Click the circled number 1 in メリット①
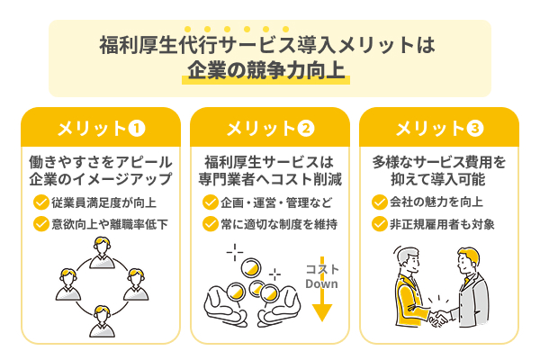tap(137, 129)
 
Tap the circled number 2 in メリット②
tap(306, 129)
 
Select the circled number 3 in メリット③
tap(475, 129)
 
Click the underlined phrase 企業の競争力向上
tap(266, 70)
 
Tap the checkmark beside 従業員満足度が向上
tap(41, 202)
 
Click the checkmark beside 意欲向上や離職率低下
tap(41, 224)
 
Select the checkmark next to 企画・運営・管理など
tap(210, 202)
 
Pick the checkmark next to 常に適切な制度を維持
tap(210, 224)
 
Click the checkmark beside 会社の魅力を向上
tap(380, 202)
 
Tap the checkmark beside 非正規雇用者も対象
tap(380, 224)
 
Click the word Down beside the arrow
tap(321, 283)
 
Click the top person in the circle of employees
tap(102, 253)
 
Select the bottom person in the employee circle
tap(102, 321)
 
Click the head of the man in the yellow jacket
tap(408, 260)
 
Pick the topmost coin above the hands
tap(251, 268)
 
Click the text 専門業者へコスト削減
tap(270, 179)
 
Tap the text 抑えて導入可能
tap(438, 179)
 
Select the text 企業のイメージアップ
tap(101, 179)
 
